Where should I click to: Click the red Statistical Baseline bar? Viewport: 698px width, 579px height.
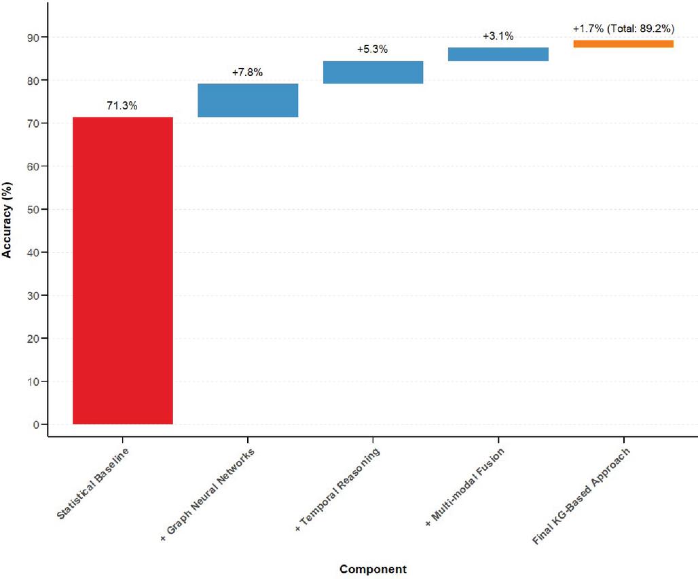123,271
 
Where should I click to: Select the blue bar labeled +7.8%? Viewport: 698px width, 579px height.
248,100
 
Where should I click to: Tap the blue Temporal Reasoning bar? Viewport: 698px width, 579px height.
373,72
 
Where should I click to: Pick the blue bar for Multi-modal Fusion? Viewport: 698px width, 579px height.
498,54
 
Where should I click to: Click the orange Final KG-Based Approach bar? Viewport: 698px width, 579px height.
623,43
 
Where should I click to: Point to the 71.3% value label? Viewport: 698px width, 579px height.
122,105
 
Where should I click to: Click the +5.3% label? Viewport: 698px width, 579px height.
372,49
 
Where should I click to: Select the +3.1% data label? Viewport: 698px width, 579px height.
498,35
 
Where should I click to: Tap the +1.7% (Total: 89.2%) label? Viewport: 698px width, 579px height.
623,29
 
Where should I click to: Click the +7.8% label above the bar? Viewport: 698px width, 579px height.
247,72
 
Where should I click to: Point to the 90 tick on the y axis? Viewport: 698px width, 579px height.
33,37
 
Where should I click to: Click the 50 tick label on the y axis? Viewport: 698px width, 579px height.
33,210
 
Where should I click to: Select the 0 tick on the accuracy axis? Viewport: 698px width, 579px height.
37,425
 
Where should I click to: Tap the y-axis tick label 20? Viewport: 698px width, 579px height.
33,339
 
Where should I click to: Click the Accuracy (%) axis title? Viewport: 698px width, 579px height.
7,220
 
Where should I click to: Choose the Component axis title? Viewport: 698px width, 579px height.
373,569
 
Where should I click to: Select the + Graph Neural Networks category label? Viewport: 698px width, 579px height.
208,495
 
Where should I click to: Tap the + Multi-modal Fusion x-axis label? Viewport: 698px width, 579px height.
464,487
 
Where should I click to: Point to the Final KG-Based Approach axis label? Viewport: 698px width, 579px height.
581,496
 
